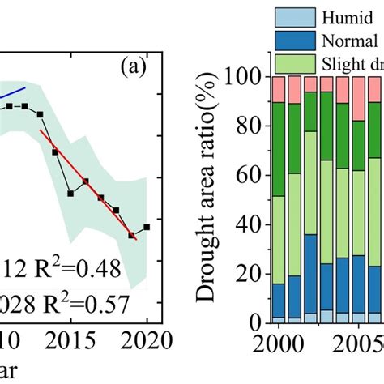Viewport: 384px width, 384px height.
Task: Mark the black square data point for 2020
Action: [147, 227]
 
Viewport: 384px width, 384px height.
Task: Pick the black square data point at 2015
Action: [70, 193]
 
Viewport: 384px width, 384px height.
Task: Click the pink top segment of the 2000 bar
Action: [278, 89]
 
